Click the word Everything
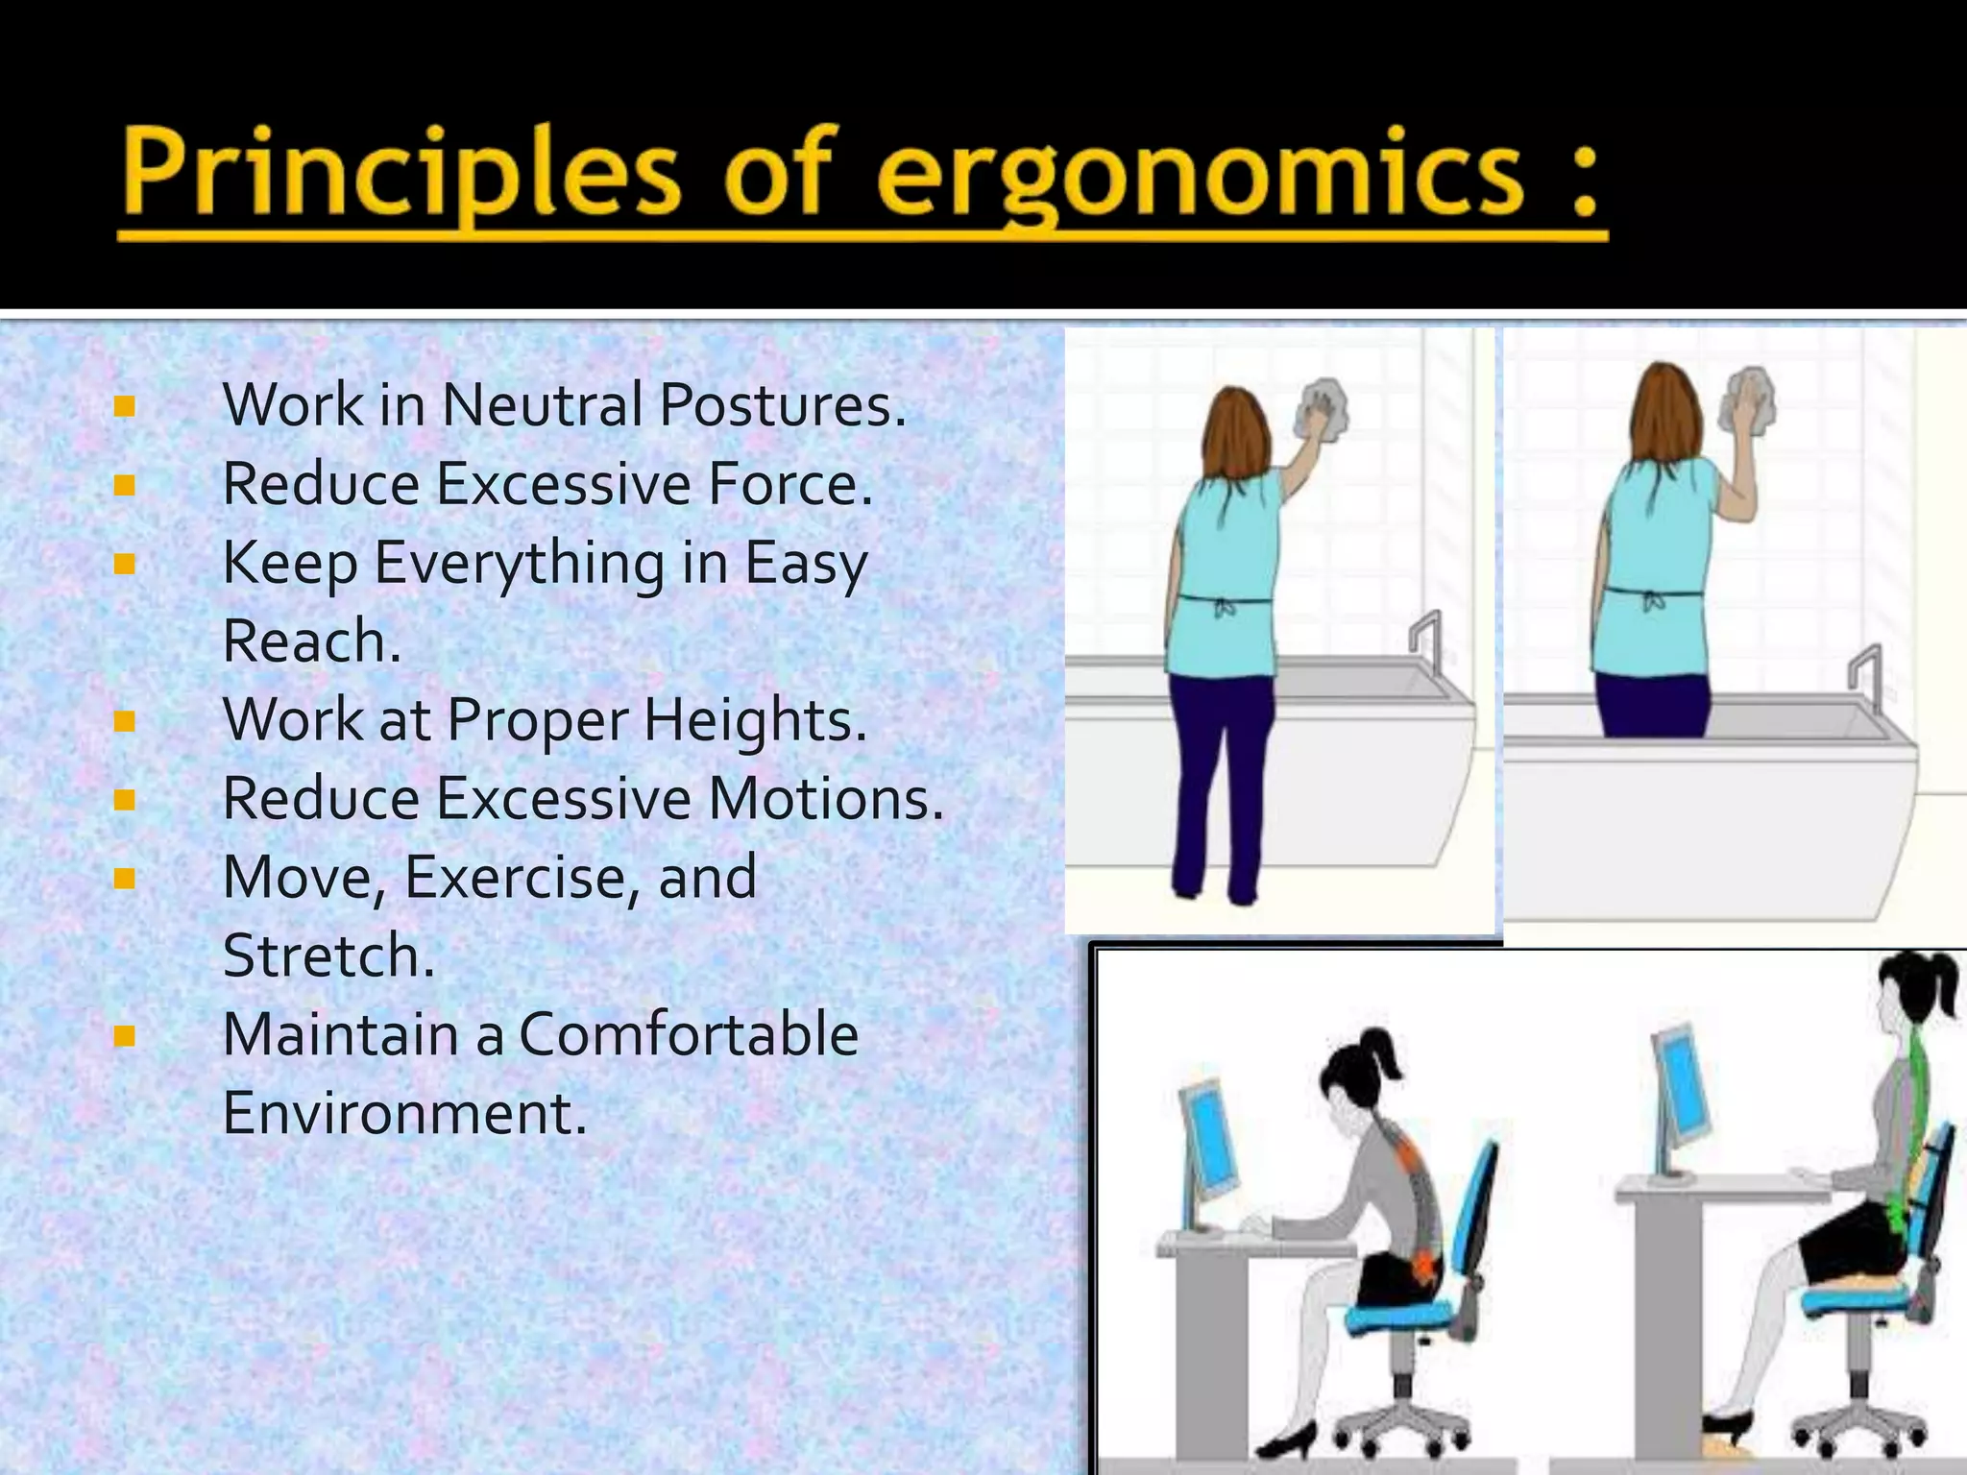click(519, 564)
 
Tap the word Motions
click(826, 798)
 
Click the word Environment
click(403, 1113)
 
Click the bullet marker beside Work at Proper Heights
click(123, 720)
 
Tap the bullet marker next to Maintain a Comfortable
click(123, 1035)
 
